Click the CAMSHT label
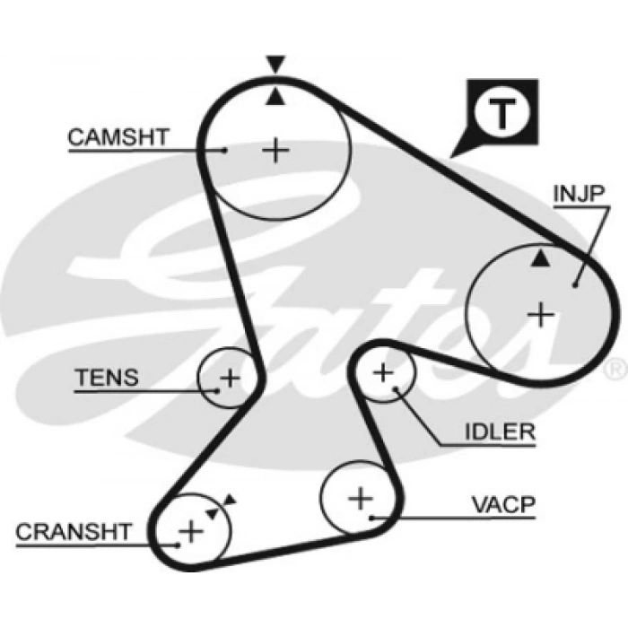pos(118,137)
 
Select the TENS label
pos(107,378)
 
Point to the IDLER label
pos(500,432)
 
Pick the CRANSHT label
pos(74,531)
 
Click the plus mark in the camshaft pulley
pos(276,149)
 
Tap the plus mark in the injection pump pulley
pos(541,314)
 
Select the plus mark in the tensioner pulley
pos(230,377)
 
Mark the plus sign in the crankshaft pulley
pos(190,531)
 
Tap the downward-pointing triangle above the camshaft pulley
pos(275,63)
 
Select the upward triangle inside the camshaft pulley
pos(275,95)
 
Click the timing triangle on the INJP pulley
pos(539,259)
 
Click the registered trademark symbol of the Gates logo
pos(615,369)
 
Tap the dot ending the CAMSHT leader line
pos(225,150)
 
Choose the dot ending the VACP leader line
pos(371,518)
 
